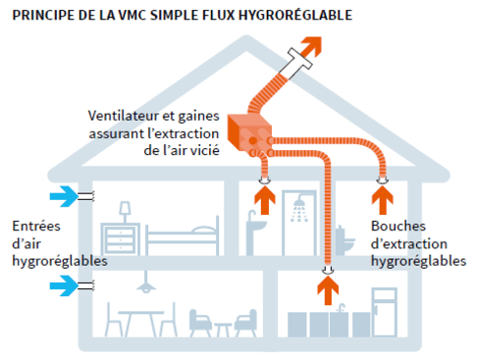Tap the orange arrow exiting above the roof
click(313, 46)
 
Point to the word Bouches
click(395, 227)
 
